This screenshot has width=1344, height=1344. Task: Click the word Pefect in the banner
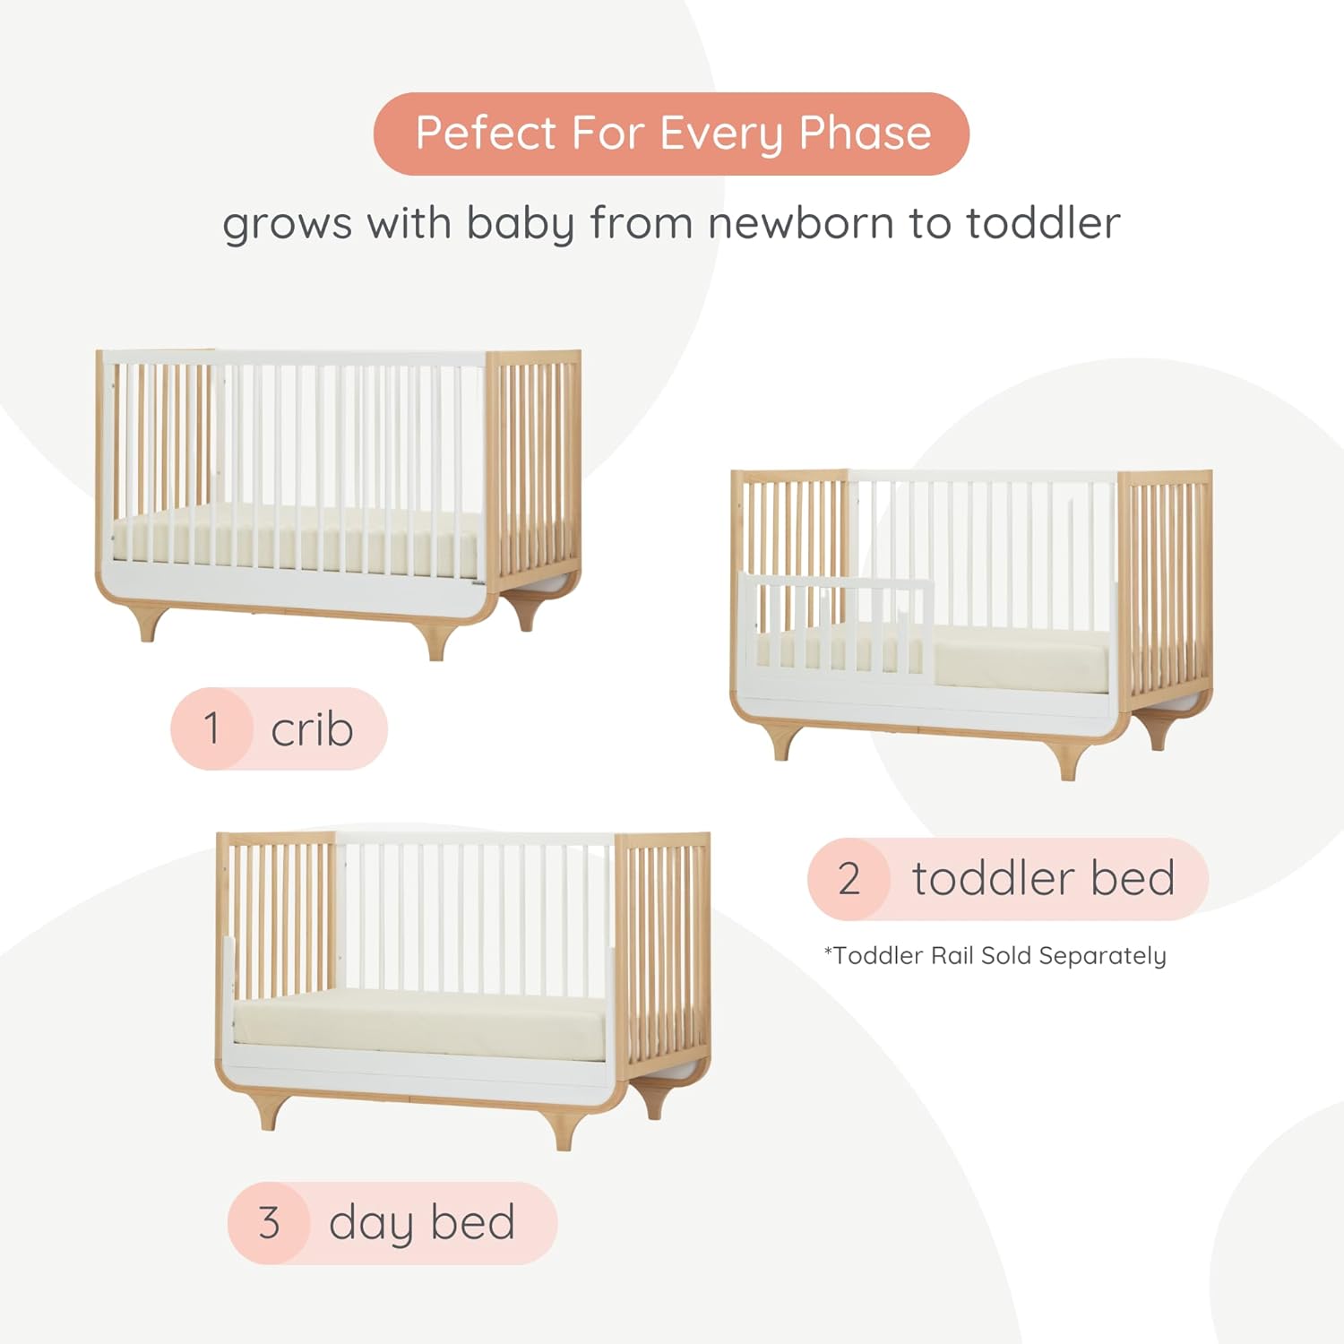coord(486,134)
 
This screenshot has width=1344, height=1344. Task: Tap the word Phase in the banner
coord(865,134)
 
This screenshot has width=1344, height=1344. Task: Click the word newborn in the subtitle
coord(800,223)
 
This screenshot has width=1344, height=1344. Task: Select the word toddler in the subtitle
coord(1043,223)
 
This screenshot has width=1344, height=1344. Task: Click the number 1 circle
coord(211,728)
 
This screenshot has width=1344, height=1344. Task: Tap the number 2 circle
coord(849,879)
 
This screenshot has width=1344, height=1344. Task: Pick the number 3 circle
coord(269,1223)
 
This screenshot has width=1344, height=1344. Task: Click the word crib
coord(312,729)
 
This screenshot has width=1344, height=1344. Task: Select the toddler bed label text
coord(1043,878)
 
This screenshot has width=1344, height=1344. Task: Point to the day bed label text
coord(421,1223)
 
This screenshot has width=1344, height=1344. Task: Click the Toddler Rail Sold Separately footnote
coord(995,956)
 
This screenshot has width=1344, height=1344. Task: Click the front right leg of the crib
coord(437,643)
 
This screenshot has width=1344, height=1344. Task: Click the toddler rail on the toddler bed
coord(838,618)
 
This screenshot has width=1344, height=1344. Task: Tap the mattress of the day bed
coord(421,1021)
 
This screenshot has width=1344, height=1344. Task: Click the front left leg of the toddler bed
coord(782,744)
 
